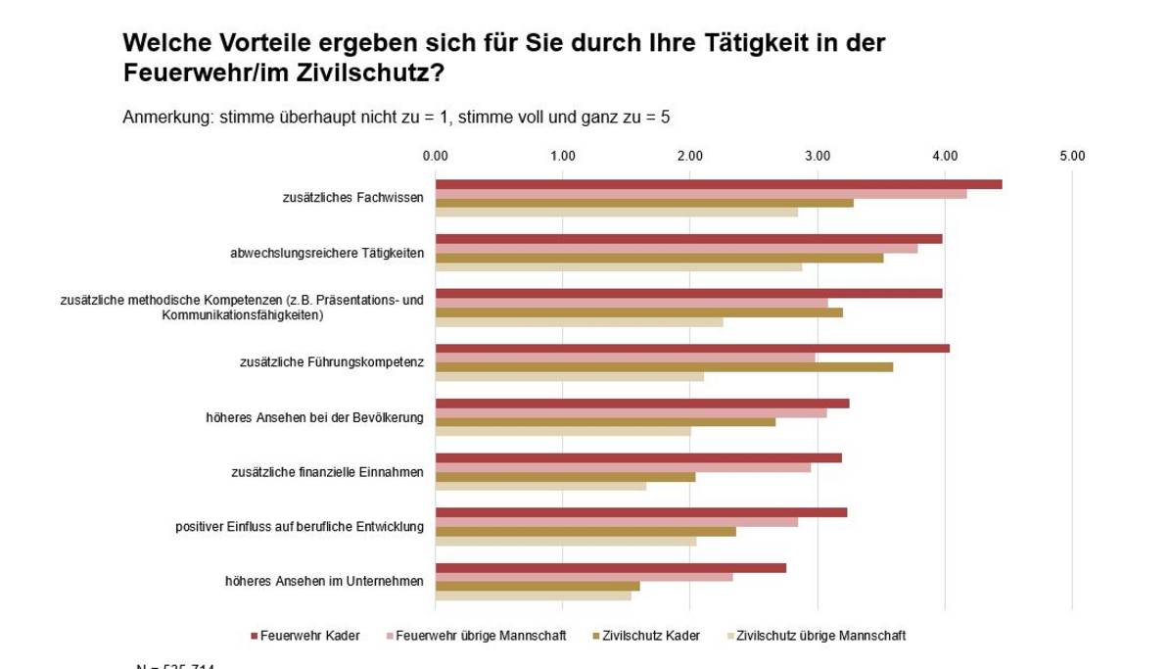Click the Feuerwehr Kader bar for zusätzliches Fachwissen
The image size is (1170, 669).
tap(718, 184)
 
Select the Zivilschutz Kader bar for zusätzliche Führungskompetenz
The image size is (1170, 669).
tap(664, 367)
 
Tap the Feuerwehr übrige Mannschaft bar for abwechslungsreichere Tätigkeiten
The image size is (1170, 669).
tap(676, 249)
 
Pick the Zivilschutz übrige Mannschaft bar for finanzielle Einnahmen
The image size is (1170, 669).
tap(540, 486)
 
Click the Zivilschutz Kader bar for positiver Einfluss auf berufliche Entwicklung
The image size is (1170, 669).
tap(585, 532)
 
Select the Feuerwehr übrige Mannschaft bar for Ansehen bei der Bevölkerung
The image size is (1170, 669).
tap(631, 413)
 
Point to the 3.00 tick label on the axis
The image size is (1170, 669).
tap(818, 156)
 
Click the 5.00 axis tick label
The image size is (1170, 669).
tap(1072, 156)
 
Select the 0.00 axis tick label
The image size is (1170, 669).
tap(436, 156)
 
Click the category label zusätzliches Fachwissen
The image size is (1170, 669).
tap(352, 198)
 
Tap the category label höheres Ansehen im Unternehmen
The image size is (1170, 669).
tap(324, 582)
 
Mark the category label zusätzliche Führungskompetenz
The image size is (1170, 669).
tap(331, 362)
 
